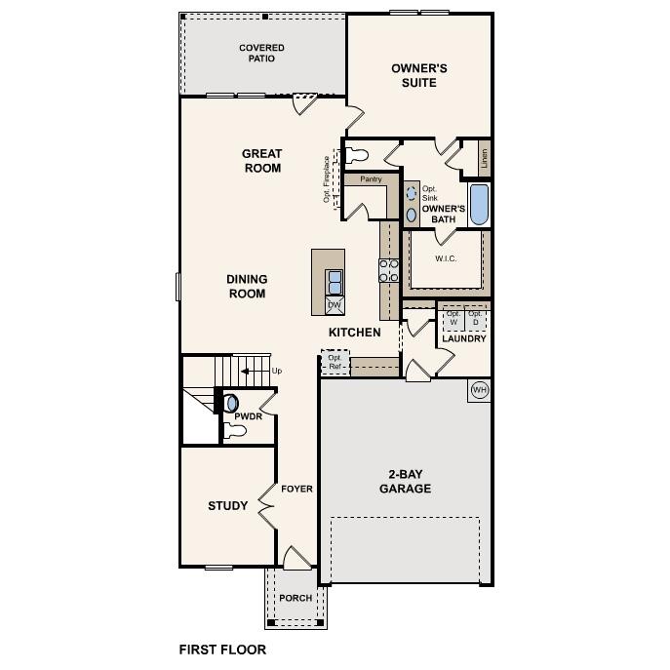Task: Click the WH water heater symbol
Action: (x=479, y=390)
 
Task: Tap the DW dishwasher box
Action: (x=335, y=305)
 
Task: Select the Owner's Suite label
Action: (x=419, y=75)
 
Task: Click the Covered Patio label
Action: (x=262, y=53)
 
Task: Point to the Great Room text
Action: (x=261, y=161)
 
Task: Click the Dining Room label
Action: (x=247, y=286)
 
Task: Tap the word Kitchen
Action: (x=354, y=333)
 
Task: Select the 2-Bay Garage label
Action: (x=405, y=482)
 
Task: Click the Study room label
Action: (x=227, y=505)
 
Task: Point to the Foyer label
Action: (x=296, y=489)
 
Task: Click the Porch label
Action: (x=296, y=598)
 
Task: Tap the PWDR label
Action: (x=248, y=416)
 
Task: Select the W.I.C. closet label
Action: (x=445, y=258)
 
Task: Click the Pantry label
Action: (x=371, y=179)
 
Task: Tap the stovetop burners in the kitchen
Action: (x=389, y=270)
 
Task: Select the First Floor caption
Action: (x=221, y=649)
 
